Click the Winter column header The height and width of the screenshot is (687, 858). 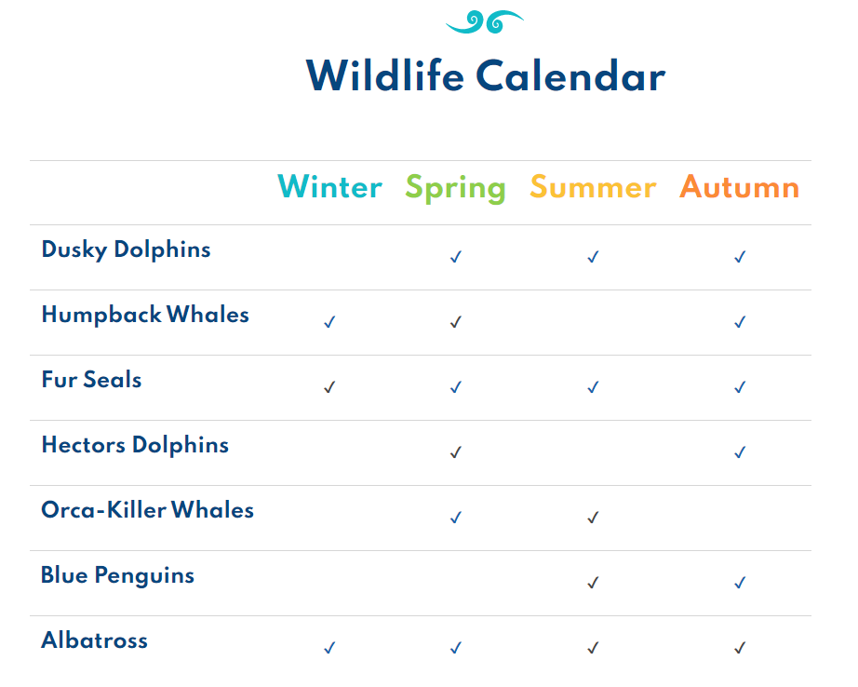[x=330, y=187]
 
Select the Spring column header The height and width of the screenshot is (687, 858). [x=455, y=188]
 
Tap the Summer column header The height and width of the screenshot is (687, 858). [x=593, y=187]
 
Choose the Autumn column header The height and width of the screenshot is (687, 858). [x=739, y=187]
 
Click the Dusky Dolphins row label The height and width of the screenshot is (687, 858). [x=126, y=249]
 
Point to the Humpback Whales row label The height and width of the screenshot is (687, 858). [x=145, y=315]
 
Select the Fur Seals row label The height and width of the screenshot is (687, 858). [x=91, y=380]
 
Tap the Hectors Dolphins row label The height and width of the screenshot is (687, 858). [x=135, y=444]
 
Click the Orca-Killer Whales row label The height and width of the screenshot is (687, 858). [x=147, y=509]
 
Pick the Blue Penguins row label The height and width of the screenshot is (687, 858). [x=117, y=575]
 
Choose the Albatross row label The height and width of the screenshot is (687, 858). [x=95, y=640]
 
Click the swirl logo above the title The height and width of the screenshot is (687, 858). [x=484, y=22]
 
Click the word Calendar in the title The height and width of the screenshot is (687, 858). [x=570, y=75]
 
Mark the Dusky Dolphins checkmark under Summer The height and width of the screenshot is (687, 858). [x=593, y=257]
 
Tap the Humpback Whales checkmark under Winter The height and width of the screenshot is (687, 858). [x=329, y=322]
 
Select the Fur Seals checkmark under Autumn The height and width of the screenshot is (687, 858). [x=740, y=387]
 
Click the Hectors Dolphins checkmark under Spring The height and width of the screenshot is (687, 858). [x=456, y=452]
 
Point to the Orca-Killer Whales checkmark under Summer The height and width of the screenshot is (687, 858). [x=593, y=518]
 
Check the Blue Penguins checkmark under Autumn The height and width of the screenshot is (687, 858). [x=740, y=583]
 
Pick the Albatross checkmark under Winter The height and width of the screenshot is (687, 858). [x=329, y=648]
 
